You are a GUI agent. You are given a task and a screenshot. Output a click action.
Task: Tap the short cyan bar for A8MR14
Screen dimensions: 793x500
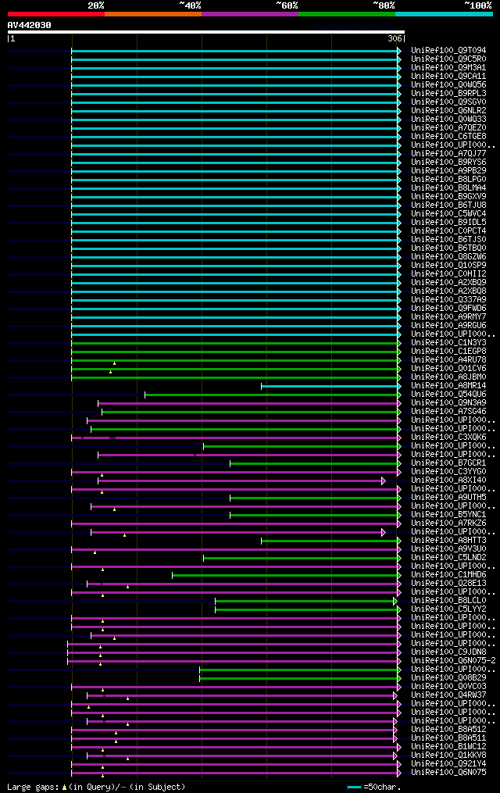[x=329, y=386]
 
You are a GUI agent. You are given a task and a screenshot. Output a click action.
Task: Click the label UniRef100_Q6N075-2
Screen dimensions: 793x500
[x=453, y=660]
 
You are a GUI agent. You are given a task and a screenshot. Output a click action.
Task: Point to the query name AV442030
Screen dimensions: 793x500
[x=29, y=25]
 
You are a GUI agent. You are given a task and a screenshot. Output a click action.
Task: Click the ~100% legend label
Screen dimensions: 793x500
[x=477, y=5]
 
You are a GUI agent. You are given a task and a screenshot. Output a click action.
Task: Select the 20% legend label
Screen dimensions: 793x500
[x=96, y=5]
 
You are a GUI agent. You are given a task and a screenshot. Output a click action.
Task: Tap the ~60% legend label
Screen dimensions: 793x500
[x=287, y=5]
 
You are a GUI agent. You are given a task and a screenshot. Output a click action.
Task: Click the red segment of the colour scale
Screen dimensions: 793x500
[x=55, y=13]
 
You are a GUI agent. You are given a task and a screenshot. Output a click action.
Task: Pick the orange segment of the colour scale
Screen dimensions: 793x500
[x=152, y=13]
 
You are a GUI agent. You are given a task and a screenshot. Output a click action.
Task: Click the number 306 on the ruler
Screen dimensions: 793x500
[x=395, y=38]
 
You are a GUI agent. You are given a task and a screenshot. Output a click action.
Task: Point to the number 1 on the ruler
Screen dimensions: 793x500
[x=12, y=38]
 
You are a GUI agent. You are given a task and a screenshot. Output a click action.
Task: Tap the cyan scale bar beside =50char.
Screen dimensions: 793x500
[x=354, y=787]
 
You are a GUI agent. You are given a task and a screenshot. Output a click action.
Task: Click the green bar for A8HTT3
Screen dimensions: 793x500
[x=329, y=541]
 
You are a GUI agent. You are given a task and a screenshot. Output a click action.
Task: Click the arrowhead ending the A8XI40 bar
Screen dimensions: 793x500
[x=384, y=480]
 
